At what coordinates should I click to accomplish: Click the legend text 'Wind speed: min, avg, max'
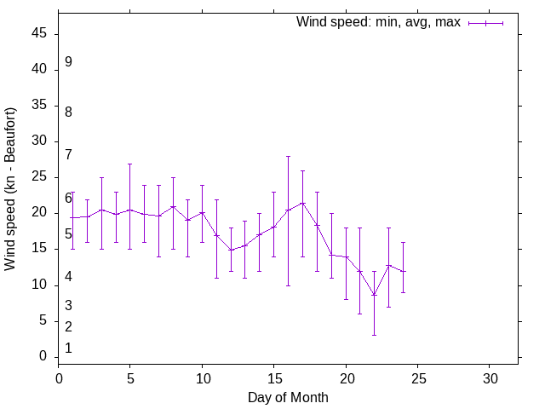(x=377, y=22)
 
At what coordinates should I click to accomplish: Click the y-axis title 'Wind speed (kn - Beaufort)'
(x=10, y=189)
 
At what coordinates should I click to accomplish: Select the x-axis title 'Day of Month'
(x=288, y=397)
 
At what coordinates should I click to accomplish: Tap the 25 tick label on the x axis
(x=417, y=378)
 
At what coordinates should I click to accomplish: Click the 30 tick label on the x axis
(x=490, y=378)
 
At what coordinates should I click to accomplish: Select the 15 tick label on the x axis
(x=273, y=378)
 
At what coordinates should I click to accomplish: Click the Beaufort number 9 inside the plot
(x=68, y=62)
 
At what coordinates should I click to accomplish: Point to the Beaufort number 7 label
(x=68, y=154)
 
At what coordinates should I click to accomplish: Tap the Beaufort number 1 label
(x=68, y=348)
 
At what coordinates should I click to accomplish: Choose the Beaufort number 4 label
(x=68, y=277)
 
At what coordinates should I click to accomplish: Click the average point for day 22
(x=374, y=295)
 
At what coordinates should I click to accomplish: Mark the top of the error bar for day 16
(x=288, y=156)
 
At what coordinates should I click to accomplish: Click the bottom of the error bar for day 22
(x=374, y=335)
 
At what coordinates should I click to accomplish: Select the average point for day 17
(x=302, y=203)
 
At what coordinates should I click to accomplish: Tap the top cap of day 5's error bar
(x=129, y=164)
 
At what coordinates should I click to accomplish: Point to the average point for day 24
(x=403, y=272)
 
